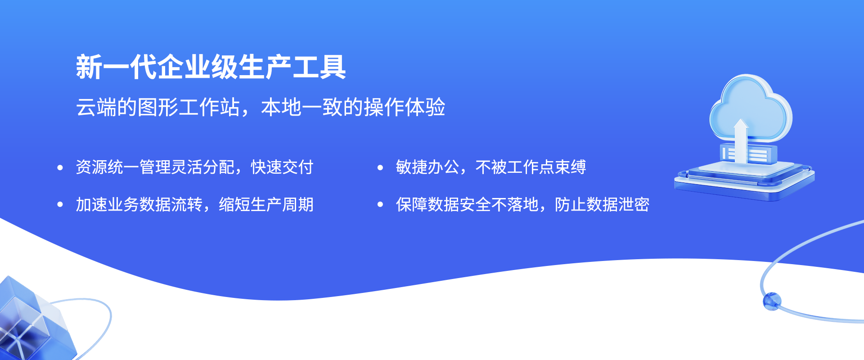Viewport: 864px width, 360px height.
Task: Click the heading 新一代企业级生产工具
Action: (211, 67)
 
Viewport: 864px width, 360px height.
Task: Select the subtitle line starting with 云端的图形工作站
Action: (261, 107)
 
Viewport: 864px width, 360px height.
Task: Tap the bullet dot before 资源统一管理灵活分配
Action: (60, 168)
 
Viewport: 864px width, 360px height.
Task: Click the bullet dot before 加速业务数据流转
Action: (60, 205)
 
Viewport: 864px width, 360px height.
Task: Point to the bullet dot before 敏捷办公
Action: (380, 168)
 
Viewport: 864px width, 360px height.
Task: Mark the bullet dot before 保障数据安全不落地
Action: (380, 205)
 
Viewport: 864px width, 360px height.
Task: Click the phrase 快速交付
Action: (282, 167)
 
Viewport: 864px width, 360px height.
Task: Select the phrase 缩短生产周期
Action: (266, 205)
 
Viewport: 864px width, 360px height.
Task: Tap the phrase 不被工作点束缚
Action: (531, 167)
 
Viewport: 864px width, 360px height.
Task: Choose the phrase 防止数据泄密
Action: (602, 205)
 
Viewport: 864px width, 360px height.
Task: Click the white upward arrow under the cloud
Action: (741, 139)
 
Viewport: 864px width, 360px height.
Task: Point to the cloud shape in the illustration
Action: (751, 108)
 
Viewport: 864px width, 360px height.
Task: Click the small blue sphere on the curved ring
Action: (772, 301)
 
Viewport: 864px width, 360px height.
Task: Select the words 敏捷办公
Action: (427, 167)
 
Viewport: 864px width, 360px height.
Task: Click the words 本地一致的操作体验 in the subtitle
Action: (353, 107)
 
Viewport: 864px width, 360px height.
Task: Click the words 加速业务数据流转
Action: (139, 205)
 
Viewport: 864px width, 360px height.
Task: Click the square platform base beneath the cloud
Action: (745, 180)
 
